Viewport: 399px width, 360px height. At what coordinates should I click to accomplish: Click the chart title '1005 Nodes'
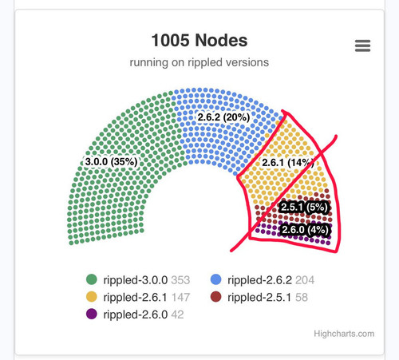(x=199, y=41)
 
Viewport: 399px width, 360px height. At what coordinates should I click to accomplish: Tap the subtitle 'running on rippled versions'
(x=199, y=62)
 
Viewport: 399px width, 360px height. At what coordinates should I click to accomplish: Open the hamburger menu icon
(x=362, y=45)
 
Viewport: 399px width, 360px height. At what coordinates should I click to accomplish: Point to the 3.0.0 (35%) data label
(x=111, y=161)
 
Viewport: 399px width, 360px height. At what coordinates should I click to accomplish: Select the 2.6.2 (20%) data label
(x=223, y=117)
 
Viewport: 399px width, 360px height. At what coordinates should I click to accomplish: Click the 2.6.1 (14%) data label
(x=288, y=162)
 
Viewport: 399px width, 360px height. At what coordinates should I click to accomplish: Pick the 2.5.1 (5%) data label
(x=304, y=207)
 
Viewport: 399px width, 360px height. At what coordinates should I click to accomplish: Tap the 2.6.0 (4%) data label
(x=305, y=230)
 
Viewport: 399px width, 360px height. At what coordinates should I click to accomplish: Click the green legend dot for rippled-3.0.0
(x=92, y=279)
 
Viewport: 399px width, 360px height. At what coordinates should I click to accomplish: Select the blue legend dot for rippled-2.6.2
(x=215, y=279)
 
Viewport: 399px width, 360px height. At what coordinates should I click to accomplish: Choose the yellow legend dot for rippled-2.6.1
(x=92, y=297)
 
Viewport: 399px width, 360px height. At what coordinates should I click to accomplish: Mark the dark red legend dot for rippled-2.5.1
(x=215, y=297)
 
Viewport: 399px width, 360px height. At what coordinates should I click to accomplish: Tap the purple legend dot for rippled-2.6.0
(x=92, y=315)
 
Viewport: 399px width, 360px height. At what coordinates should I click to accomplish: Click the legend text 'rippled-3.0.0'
(x=136, y=280)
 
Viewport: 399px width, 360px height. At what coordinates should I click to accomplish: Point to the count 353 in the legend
(x=180, y=280)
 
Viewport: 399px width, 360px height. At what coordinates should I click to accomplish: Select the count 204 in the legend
(x=305, y=280)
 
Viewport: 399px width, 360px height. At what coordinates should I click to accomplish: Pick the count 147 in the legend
(x=180, y=298)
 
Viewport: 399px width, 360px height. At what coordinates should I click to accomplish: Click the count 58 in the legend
(x=302, y=298)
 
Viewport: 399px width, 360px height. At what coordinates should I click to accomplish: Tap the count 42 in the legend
(x=177, y=315)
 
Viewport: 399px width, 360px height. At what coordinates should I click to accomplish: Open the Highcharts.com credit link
(x=344, y=334)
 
